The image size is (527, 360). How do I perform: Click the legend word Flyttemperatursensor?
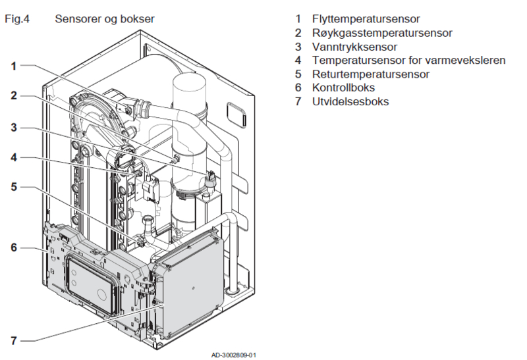366,19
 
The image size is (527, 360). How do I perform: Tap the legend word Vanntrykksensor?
354,47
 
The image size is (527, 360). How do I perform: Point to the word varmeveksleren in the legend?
466,61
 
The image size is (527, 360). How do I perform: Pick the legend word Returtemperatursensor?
370,74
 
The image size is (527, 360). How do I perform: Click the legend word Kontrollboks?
344,88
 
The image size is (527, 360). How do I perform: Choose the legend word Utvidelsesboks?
350,102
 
